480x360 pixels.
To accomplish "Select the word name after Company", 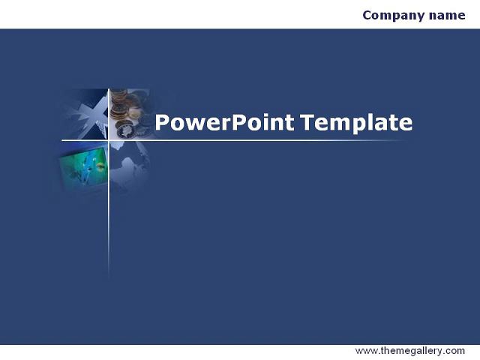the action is tap(447, 15).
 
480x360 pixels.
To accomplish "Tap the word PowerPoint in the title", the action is tap(225, 122).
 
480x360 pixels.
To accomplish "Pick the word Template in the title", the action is tap(356, 123).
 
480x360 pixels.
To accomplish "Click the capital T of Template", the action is tap(307, 122).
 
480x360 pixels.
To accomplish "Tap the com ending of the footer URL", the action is tap(455, 351).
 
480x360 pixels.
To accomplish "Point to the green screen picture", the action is tap(84, 166).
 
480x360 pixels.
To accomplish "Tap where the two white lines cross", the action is tap(109, 140).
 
